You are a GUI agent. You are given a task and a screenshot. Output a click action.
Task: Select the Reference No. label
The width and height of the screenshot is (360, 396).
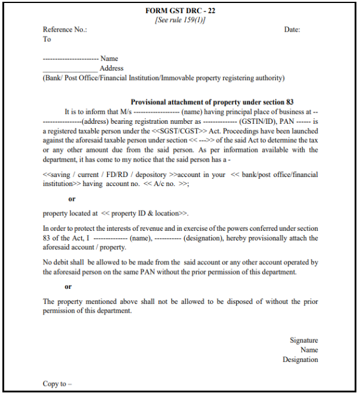65,29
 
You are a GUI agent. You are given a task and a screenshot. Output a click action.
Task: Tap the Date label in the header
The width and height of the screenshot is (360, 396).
292,29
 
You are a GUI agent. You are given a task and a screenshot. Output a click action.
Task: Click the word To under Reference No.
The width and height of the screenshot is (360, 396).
47,39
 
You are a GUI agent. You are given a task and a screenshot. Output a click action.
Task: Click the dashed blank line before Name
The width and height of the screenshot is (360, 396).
71,59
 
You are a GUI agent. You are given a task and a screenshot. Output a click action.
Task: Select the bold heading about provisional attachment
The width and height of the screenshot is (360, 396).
212,102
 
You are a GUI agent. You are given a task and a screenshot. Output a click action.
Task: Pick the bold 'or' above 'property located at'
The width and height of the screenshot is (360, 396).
72,199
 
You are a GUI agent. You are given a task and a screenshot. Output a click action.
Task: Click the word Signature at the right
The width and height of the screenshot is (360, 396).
304,340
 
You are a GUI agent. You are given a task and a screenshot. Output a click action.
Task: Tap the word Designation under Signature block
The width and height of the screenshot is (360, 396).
300,360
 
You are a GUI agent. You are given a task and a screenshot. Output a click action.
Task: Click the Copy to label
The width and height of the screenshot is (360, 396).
57,383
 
